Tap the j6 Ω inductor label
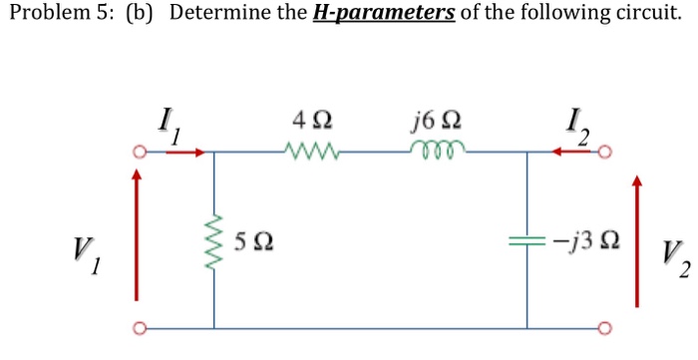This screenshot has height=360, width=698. pyautogui.click(x=433, y=124)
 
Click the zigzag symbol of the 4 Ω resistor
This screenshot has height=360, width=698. pyautogui.click(x=313, y=153)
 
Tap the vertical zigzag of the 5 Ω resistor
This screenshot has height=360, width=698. pyautogui.click(x=213, y=241)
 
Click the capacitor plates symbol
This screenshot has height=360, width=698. pyautogui.click(x=526, y=240)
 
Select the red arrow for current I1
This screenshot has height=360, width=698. pyautogui.click(x=194, y=153)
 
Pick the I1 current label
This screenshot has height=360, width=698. pyautogui.click(x=167, y=128)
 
